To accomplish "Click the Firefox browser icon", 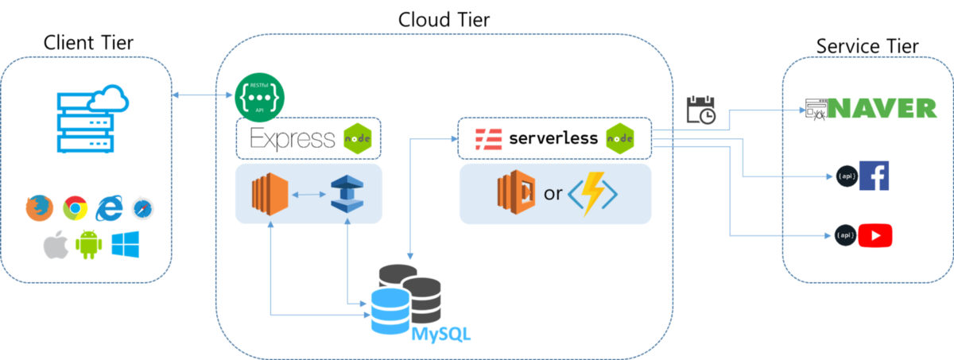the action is [x=40, y=208].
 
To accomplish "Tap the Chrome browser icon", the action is [x=76, y=208].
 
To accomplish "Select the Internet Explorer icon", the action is [x=110, y=208].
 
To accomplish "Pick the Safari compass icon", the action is [x=142, y=208].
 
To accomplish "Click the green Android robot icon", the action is [x=88, y=244].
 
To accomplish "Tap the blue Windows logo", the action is [x=126, y=244].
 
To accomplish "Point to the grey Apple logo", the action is [x=56, y=245].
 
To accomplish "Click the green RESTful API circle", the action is [x=259, y=98].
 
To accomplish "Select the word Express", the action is [x=293, y=139].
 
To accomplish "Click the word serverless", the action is [x=553, y=137].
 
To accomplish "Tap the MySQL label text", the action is [x=440, y=335].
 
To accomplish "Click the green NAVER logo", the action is [x=882, y=108].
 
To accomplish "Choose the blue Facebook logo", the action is [x=874, y=176].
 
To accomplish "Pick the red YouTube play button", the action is [x=875, y=235].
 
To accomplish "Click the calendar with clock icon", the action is [x=701, y=110].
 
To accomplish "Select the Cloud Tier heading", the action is [x=444, y=20].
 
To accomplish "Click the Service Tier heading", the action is [x=867, y=46].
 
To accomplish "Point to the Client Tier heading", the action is [x=88, y=43].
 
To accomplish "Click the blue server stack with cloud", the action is [x=92, y=118].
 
